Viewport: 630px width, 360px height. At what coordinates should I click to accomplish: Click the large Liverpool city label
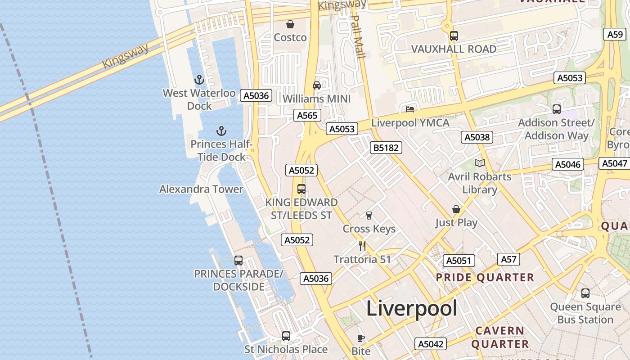click(411, 309)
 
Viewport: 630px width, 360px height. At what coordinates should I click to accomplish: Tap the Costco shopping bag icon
click(290, 24)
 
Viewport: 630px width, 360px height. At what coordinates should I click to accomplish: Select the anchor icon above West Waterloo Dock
click(199, 80)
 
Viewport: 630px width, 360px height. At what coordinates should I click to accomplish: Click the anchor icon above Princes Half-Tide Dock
click(221, 131)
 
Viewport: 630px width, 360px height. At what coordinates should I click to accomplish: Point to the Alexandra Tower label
click(201, 189)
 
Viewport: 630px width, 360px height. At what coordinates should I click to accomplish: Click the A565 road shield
click(307, 115)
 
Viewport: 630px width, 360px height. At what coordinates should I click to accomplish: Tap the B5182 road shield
click(386, 148)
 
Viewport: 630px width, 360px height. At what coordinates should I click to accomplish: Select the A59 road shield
click(615, 34)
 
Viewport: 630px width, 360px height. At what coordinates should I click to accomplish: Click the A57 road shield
click(508, 259)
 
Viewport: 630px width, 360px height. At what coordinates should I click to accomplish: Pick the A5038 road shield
click(477, 137)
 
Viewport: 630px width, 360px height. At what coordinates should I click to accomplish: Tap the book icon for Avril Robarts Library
click(480, 163)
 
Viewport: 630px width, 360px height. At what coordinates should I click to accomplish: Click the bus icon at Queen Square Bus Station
click(585, 293)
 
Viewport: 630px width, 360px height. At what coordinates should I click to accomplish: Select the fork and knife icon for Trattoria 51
click(362, 246)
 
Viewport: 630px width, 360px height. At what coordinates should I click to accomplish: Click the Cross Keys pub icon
click(369, 215)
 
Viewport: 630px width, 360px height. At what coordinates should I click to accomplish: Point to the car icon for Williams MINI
click(317, 85)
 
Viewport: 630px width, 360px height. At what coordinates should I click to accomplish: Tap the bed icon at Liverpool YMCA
click(409, 109)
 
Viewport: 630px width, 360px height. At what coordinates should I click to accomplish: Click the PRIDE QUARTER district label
click(485, 277)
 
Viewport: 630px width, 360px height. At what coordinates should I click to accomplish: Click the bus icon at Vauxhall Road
click(454, 36)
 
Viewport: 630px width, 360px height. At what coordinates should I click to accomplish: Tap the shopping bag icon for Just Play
click(456, 209)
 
